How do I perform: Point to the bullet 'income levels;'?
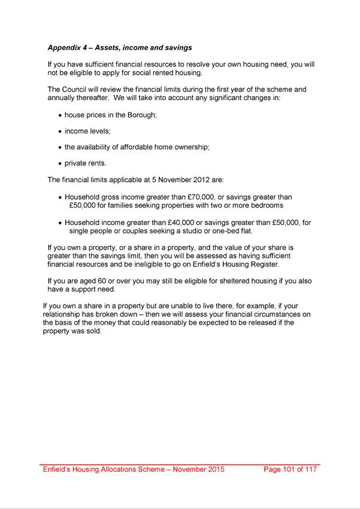87,131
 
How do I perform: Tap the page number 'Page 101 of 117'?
291,469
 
